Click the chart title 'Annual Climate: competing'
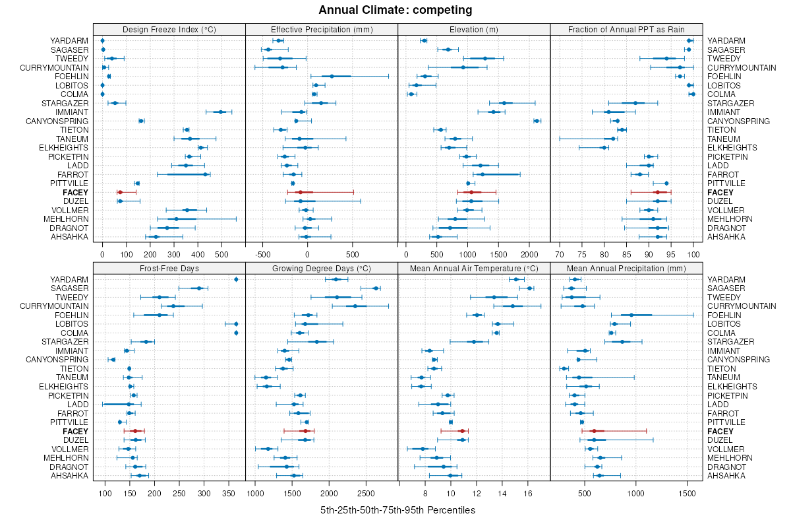(395, 10)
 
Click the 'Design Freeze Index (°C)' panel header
(169, 29)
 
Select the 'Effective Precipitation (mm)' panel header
(322, 29)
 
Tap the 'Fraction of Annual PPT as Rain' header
(626, 29)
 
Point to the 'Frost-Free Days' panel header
(169, 268)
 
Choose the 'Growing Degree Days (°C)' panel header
(322, 268)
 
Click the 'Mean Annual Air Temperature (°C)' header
(474, 268)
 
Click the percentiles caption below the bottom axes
(397, 510)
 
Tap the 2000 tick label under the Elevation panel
(528, 253)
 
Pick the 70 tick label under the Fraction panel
(560, 253)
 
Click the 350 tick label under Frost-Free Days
(229, 492)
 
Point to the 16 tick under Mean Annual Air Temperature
(527, 492)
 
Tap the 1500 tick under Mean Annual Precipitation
(688, 492)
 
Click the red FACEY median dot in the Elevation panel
(470, 192)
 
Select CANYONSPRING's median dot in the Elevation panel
(537, 121)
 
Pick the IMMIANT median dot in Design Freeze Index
(221, 112)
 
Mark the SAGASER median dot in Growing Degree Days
(376, 288)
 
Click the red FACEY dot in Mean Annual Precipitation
(593, 431)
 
